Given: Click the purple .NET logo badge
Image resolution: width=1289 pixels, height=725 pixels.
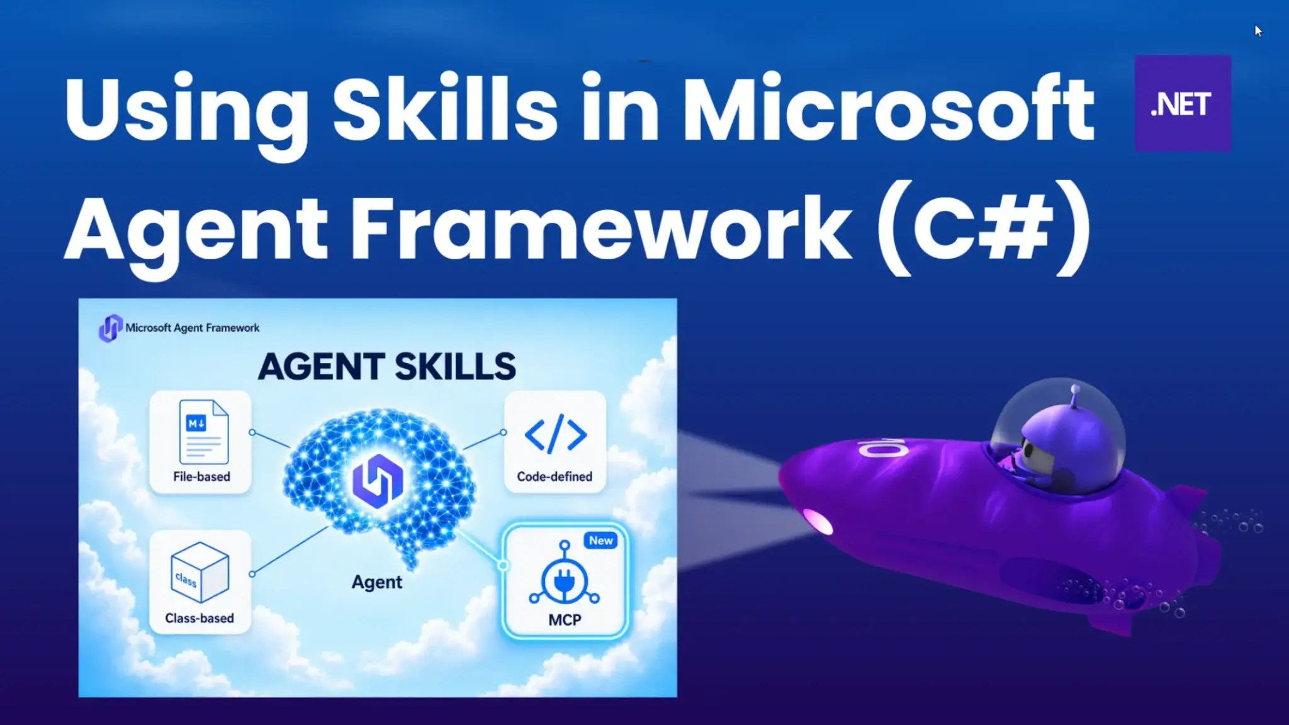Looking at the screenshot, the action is (x=1183, y=104).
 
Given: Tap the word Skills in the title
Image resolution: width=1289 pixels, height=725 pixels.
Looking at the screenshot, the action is (x=445, y=108).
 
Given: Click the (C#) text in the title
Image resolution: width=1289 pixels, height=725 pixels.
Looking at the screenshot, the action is (x=983, y=227).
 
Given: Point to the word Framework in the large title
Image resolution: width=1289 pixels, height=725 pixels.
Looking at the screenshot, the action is (x=602, y=227).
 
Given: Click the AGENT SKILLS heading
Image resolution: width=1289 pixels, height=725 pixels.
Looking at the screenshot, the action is (x=387, y=366).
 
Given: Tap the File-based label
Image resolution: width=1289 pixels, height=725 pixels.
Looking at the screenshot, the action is (x=201, y=476).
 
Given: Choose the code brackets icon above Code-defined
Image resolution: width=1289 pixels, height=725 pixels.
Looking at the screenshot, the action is (x=555, y=434).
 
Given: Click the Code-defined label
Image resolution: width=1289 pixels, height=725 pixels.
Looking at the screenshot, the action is (x=554, y=476).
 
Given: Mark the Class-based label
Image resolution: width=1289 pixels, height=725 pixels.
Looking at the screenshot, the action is (x=200, y=618).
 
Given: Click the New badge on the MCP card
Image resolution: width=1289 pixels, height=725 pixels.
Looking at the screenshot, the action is (x=601, y=541).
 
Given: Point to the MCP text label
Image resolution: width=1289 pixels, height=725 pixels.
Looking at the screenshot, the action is (x=565, y=620).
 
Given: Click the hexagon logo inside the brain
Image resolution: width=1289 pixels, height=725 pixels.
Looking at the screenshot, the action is (x=378, y=481).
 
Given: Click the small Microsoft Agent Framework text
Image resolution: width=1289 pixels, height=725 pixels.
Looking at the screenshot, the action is (x=193, y=328).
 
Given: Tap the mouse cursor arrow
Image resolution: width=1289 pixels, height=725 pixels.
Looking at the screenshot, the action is (x=1258, y=31).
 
